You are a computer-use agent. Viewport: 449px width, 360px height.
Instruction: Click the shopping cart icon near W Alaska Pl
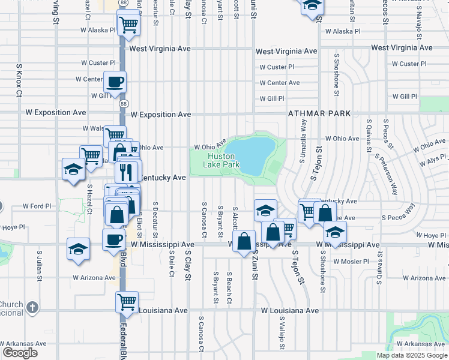tap(128, 26)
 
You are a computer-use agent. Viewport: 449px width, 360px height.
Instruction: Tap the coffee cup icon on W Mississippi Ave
tap(113, 240)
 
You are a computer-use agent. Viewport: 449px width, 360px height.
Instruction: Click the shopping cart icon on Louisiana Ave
tap(127, 302)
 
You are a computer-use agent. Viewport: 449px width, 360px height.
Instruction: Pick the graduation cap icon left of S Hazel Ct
tap(73, 169)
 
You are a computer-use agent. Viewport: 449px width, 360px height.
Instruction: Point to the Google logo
tap(20, 353)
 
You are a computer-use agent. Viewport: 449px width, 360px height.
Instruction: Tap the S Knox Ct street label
tap(19, 81)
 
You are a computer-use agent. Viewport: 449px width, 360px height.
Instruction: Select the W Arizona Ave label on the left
tap(94, 278)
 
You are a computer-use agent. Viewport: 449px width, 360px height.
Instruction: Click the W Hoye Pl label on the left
tap(13, 228)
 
